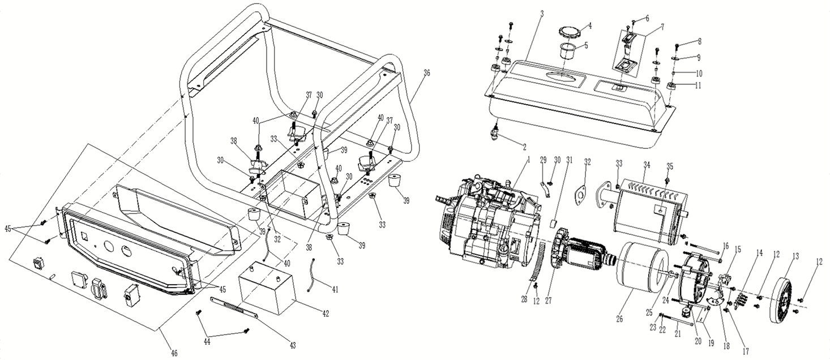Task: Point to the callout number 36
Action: [426, 72]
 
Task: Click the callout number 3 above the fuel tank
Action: [541, 12]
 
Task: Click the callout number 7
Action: [647, 26]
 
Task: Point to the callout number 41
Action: [335, 290]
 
